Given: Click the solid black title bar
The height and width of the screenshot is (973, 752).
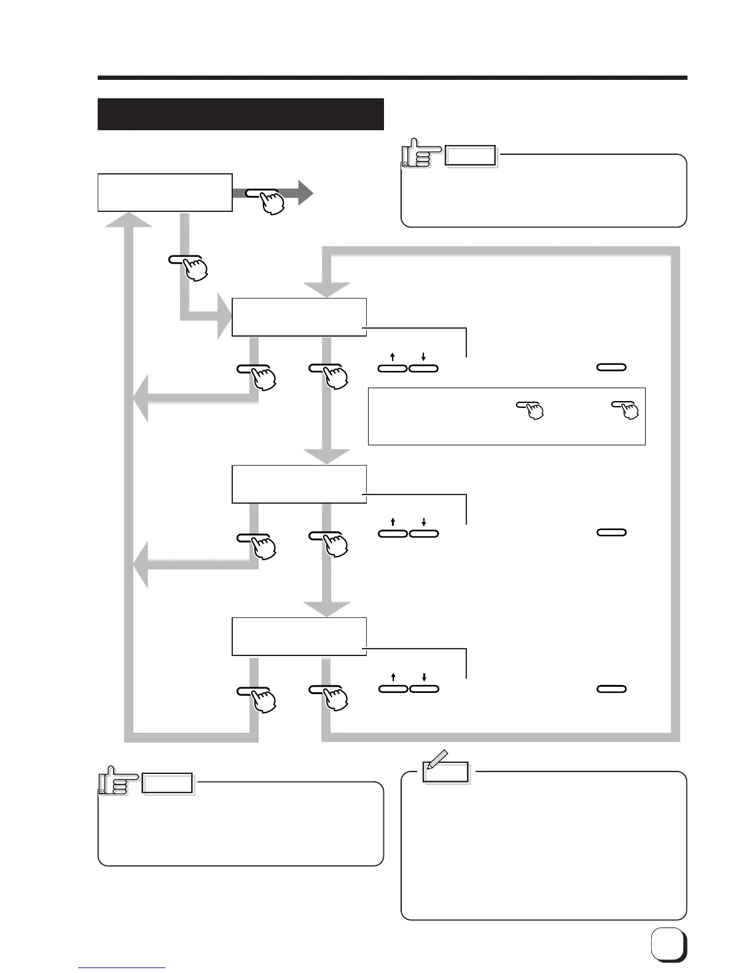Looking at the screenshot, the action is pyautogui.click(x=240, y=114).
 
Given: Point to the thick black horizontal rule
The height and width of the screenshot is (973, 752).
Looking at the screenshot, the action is pyautogui.click(x=392, y=78).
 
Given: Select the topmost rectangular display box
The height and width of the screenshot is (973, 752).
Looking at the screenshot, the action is pyautogui.click(x=165, y=192).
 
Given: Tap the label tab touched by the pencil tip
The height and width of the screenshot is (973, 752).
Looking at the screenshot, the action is pyautogui.click(x=447, y=772).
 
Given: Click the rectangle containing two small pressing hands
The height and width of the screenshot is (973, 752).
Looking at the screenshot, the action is pyautogui.click(x=506, y=416).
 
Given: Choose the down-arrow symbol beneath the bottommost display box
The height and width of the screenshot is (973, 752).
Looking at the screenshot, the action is pyautogui.click(x=424, y=677).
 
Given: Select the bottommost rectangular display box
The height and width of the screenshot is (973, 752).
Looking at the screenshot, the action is pyautogui.click(x=299, y=636).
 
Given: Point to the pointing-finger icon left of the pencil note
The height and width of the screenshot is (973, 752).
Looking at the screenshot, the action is pyautogui.click(x=113, y=781).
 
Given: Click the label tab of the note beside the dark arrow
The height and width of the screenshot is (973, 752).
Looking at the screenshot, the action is pyautogui.click(x=471, y=157).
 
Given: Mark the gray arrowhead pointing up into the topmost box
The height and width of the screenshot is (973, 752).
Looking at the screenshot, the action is pyautogui.click(x=128, y=219).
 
